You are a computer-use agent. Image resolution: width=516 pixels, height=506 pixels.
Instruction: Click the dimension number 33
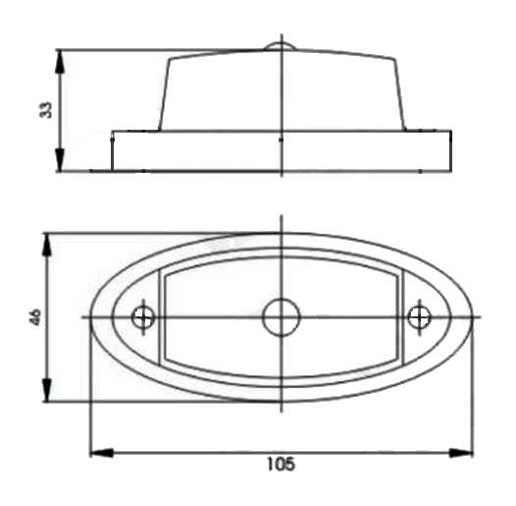pyautogui.click(x=46, y=110)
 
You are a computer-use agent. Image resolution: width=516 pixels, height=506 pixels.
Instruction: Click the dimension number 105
pyautogui.click(x=281, y=464)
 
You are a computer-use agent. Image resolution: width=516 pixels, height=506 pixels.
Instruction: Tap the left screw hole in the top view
pyautogui.click(x=143, y=317)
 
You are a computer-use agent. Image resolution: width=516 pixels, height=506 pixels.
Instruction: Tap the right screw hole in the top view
pyautogui.click(x=419, y=317)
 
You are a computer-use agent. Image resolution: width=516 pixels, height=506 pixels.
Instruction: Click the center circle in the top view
pyautogui.click(x=282, y=317)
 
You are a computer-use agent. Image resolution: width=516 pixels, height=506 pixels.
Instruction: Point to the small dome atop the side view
pyautogui.click(x=281, y=46)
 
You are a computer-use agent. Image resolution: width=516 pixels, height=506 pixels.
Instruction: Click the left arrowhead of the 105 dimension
pyautogui.click(x=102, y=453)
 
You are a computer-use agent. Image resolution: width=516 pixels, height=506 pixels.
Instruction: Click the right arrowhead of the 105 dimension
pyautogui.click(x=461, y=453)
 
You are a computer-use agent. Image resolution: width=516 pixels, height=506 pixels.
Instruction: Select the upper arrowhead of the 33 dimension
pyautogui.click(x=59, y=62)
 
